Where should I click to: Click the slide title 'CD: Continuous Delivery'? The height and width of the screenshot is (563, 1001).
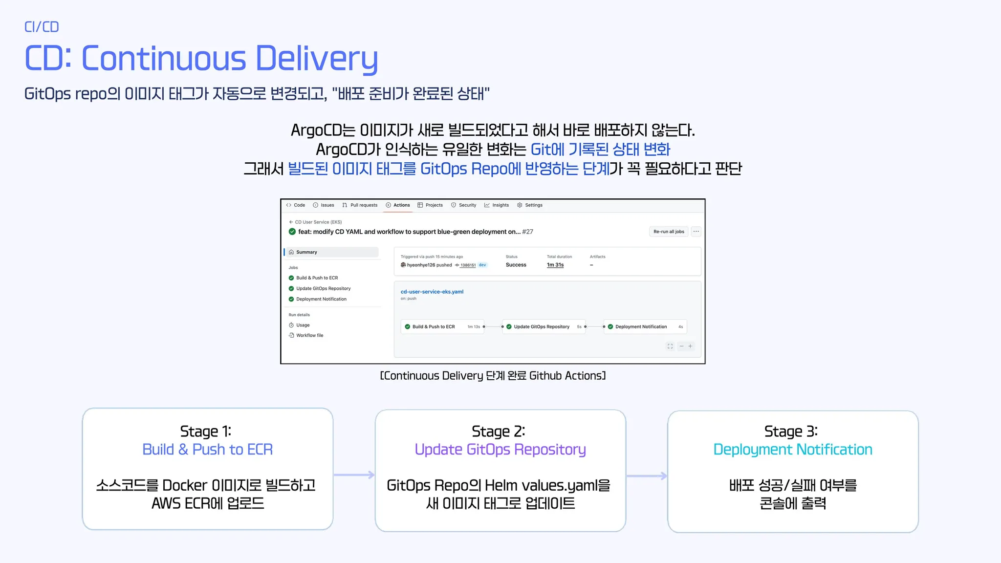click(201, 59)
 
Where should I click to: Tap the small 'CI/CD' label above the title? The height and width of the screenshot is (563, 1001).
click(42, 27)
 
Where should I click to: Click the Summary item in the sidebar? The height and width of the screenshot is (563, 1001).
click(306, 252)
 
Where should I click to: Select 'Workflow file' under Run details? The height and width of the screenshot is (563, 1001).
click(309, 335)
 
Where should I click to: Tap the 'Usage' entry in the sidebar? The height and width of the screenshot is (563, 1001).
click(303, 325)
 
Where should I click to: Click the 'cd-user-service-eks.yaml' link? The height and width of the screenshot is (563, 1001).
click(432, 292)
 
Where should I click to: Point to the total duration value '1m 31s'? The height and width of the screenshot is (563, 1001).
click(555, 265)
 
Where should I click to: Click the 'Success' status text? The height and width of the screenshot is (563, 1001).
click(516, 265)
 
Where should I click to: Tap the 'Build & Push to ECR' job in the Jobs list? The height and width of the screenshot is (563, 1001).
click(317, 278)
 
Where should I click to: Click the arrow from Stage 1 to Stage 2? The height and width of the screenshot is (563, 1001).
click(354, 475)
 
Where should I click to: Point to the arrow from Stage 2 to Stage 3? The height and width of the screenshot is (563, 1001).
click(647, 476)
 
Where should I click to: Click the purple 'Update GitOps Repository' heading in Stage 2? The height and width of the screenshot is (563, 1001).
click(500, 449)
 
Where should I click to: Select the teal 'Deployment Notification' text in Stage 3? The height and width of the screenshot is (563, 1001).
click(793, 449)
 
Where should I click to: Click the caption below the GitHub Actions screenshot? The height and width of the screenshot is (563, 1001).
click(493, 375)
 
